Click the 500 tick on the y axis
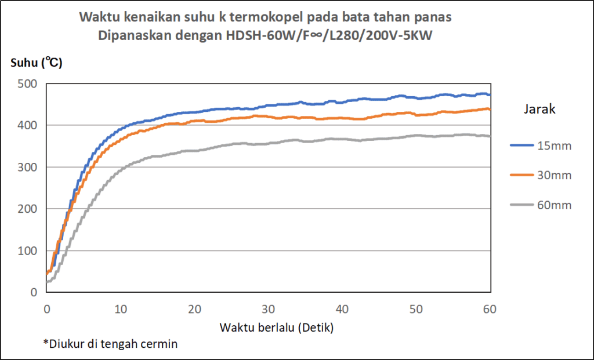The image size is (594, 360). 29,83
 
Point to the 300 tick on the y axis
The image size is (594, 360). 29,167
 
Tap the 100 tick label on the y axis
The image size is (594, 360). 29,250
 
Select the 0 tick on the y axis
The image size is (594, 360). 34,292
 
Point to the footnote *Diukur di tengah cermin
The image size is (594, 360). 110,344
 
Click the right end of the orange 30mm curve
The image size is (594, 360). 490,109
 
